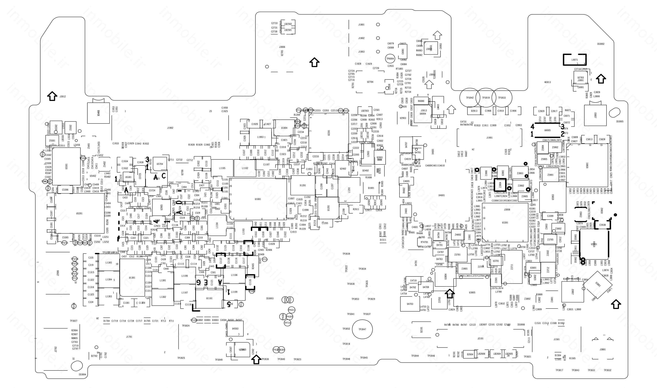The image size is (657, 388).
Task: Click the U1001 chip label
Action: [x=258, y=199]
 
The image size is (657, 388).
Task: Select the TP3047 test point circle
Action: [x=362, y=329]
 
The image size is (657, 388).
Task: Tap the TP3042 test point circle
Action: [x=470, y=98]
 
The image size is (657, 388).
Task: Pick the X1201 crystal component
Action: [x=303, y=185]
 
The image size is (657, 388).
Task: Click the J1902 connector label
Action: [x=170, y=128]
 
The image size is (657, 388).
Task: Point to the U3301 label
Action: [x=505, y=223]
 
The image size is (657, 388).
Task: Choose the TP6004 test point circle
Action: [x=390, y=59]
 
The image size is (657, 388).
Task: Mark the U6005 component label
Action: [x=547, y=130]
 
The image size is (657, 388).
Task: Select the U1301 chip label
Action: [x=132, y=278]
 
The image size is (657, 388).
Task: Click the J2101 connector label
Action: [x=480, y=339]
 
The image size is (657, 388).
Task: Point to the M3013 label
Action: [x=547, y=82]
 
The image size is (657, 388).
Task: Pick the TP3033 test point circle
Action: [x=502, y=98]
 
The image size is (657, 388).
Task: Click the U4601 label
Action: [x=441, y=195]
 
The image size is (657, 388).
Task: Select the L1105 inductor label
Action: [x=222, y=168]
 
